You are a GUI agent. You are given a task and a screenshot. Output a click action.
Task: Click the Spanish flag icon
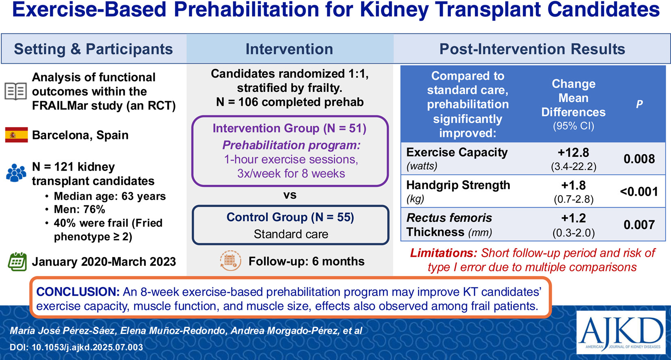[x=17, y=135]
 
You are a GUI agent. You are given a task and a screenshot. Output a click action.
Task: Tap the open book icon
[x=16, y=91]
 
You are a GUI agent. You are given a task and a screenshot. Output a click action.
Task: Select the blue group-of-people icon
[x=16, y=173]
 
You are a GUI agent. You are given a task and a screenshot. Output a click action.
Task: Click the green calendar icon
[x=17, y=262]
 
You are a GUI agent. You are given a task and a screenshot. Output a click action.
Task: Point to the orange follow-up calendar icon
[x=230, y=261]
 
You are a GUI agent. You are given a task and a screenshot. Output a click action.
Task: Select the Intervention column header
[x=289, y=49]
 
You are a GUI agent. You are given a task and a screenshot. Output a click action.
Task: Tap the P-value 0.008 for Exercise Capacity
[x=639, y=159]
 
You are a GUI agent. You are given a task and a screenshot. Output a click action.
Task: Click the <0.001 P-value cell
[x=639, y=191]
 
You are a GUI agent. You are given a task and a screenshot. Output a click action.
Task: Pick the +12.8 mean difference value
[x=574, y=152]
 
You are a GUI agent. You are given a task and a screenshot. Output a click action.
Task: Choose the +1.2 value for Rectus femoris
[x=574, y=218]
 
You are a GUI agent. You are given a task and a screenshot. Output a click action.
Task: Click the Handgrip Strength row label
[x=458, y=185]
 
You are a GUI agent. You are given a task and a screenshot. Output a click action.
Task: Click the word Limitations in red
[x=444, y=253]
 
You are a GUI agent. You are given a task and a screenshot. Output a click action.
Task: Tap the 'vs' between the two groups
[x=290, y=195]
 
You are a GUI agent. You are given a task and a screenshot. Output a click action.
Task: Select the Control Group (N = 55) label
[x=290, y=217]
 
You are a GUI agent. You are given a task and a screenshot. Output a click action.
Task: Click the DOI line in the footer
[x=76, y=347]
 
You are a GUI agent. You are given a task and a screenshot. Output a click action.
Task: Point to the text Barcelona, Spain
[x=80, y=135]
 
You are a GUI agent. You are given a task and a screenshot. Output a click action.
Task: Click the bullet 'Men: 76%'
[x=79, y=209]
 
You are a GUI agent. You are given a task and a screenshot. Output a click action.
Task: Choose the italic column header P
[x=639, y=104]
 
